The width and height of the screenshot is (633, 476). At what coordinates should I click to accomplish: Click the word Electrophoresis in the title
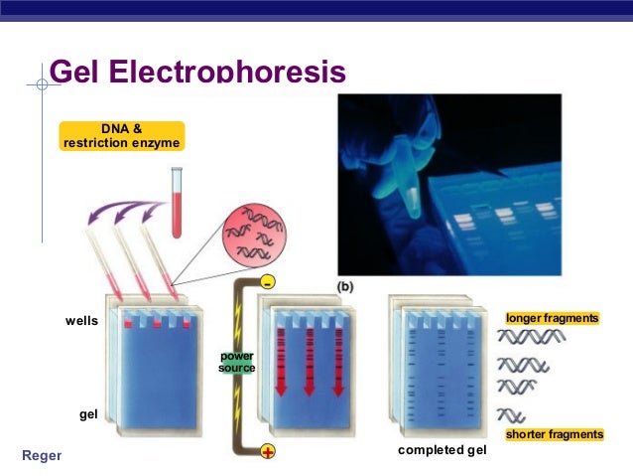[x=229, y=74]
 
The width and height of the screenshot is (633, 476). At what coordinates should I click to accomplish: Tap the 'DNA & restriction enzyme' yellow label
[x=122, y=135]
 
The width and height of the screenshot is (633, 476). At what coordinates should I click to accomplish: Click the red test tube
[x=178, y=204]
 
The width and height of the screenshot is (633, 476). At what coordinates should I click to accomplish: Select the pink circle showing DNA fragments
[x=250, y=235]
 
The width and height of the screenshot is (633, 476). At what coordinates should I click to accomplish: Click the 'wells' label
[x=81, y=321]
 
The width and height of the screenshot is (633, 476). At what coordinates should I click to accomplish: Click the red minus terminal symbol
[x=267, y=283]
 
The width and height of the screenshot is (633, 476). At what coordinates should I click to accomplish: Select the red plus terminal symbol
[x=267, y=452]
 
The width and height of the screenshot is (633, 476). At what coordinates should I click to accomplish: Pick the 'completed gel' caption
[x=442, y=451]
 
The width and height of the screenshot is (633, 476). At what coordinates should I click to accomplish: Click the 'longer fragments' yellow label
[x=553, y=318]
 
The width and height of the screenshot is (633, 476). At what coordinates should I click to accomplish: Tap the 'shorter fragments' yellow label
[x=554, y=435]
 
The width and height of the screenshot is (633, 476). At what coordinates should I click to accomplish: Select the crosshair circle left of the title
[x=42, y=84]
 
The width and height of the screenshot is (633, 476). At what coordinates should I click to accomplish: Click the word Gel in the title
[x=76, y=74]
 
